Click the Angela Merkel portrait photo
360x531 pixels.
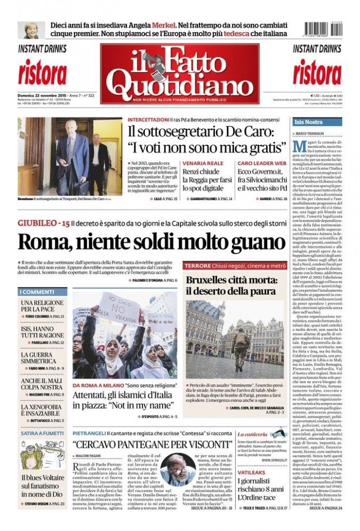(x=31, y=30)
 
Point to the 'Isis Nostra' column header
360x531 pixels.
(x=309, y=122)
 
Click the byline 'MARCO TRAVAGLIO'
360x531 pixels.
(x=314, y=132)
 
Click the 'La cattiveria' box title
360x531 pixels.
(x=252, y=434)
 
